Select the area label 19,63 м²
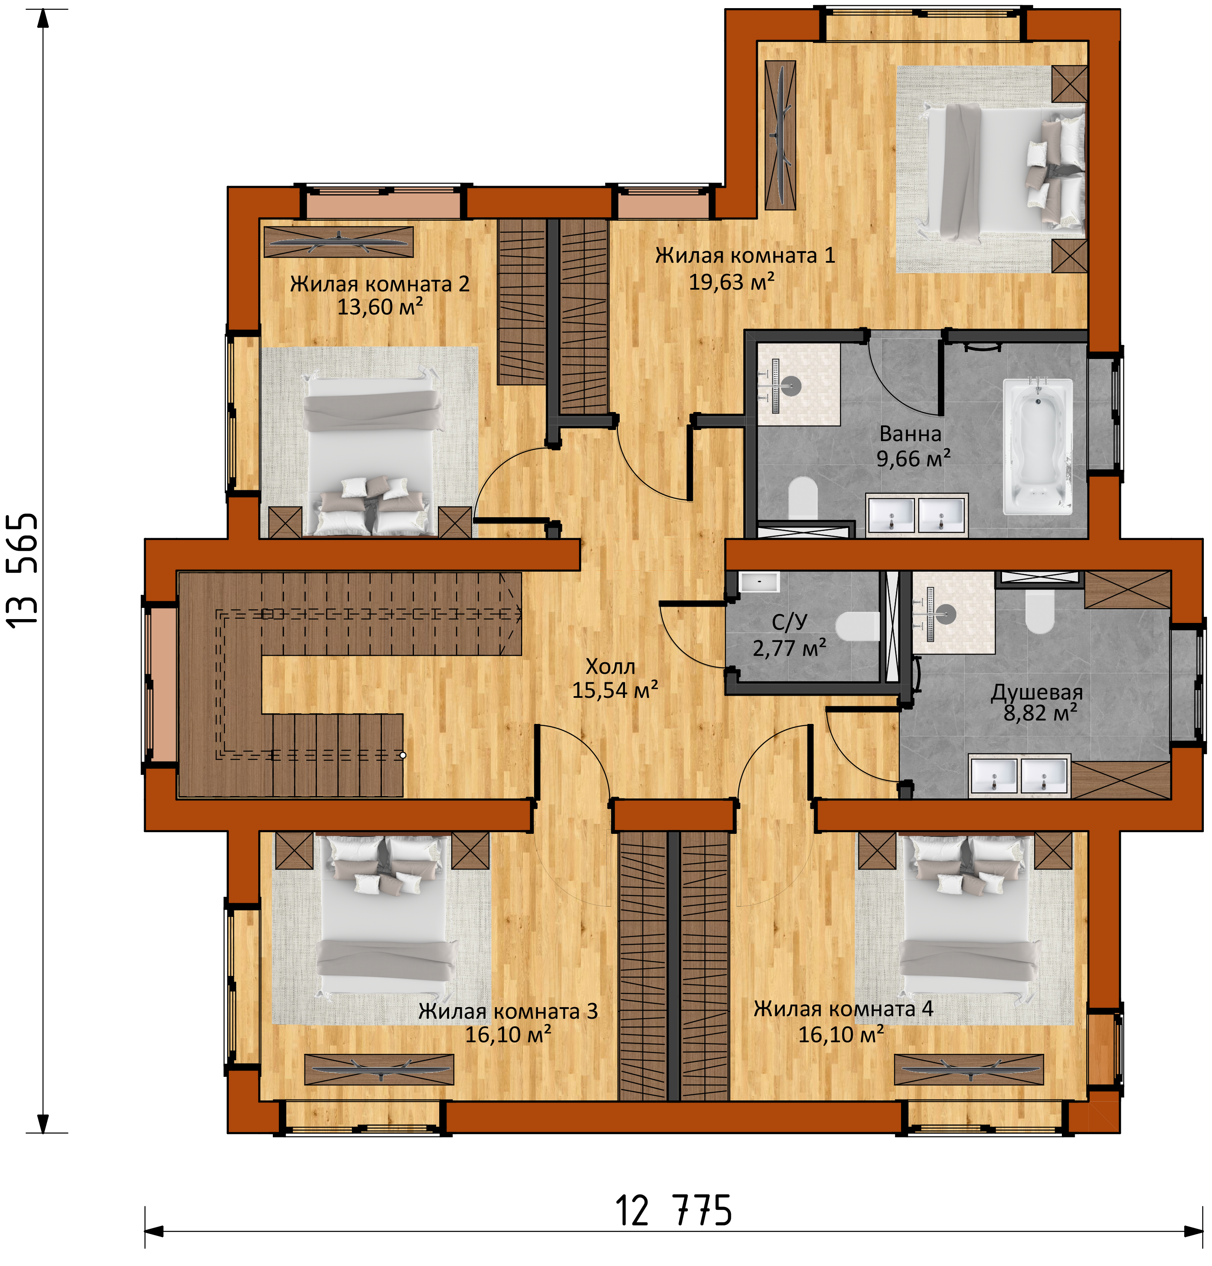pos(732,282)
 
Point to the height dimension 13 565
pos(23,569)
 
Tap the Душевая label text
pos(1036,692)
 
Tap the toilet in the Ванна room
pos(803,497)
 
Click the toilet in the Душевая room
pos(1040,611)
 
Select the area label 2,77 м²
pos(789,648)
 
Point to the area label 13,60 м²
pos(380,307)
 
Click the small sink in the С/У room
pos(759,581)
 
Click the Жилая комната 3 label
pos(508,1011)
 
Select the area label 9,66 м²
pos(913,459)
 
